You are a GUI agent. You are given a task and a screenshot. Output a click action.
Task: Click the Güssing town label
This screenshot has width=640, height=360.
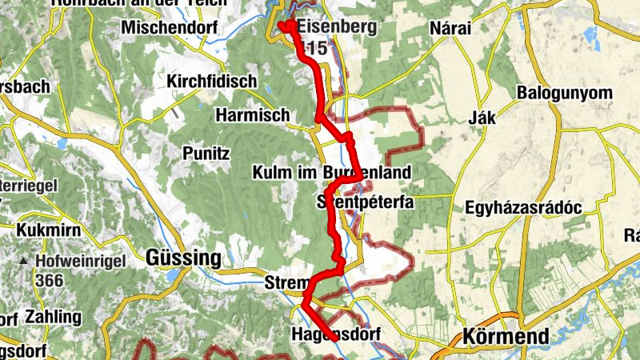point(182,258)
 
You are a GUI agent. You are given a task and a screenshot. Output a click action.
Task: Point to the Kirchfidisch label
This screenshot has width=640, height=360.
point(211,82)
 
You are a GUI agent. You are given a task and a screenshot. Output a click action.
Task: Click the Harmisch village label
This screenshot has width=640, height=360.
point(252,116)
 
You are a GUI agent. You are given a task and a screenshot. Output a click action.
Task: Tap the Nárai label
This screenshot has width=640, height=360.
point(451,29)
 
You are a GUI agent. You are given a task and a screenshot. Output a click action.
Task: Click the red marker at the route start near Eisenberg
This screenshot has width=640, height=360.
point(283,25)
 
